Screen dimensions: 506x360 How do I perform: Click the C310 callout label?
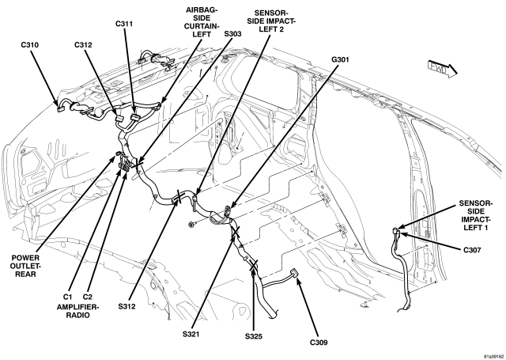point(30,45)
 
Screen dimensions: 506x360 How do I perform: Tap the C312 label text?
point(83,45)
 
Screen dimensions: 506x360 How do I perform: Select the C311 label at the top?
point(124,24)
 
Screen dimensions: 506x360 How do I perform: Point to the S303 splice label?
point(232,33)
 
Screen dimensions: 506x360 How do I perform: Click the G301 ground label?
point(340,59)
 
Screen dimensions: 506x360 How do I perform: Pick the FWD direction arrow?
point(443,69)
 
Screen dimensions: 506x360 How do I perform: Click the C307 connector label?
point(472,249)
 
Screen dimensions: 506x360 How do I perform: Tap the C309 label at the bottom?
point(319,342)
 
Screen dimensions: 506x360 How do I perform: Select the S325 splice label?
point(254,336)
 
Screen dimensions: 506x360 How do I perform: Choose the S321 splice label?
point(191,334)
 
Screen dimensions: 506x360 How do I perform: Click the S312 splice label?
point(126,306)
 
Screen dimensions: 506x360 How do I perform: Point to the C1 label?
point(67,297)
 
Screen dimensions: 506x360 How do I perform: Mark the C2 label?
point(88,297)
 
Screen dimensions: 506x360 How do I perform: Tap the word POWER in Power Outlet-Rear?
point(25,258)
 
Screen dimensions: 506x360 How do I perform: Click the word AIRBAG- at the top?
point(202,9)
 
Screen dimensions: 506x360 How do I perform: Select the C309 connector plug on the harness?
point(294,273)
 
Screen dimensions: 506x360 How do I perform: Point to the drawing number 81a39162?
point(493,357)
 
